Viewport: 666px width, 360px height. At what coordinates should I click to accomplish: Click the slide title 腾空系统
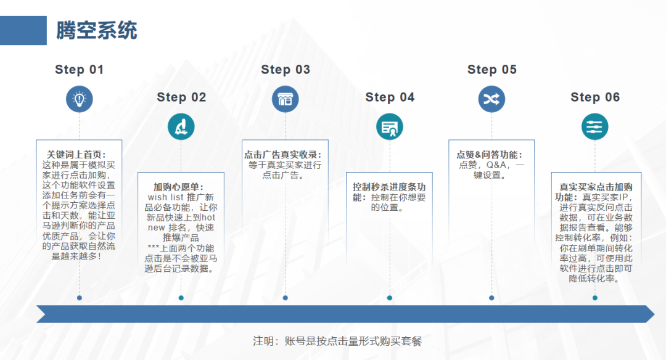[97, 30]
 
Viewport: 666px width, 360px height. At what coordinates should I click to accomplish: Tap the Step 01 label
[80, 70]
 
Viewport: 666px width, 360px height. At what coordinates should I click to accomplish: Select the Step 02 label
[181, 97]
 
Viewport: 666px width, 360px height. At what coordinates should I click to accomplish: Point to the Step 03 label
[286, 70]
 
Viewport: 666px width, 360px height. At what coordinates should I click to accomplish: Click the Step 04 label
[390, 97]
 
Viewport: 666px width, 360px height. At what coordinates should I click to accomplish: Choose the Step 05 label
[492, 70]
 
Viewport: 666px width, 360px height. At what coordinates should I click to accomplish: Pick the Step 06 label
[595, 97]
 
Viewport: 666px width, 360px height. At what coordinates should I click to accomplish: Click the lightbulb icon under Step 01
[80, 99]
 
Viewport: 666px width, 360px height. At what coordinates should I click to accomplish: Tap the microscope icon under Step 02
[181, 126]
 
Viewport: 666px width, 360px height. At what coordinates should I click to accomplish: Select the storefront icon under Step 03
[286, 99]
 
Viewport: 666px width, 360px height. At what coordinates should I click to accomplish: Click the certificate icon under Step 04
[390, 126]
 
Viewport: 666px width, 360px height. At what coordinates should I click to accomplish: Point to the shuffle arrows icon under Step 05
[492, 99]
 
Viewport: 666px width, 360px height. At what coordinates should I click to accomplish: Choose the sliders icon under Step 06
[595, 126]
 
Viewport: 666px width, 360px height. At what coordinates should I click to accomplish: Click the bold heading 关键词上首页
[76, 155]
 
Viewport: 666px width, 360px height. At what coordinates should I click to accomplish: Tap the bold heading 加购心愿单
[179, 187]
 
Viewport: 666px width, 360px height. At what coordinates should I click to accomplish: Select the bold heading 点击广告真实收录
[282, 155]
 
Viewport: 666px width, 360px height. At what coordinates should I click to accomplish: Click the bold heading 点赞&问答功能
[490, 155]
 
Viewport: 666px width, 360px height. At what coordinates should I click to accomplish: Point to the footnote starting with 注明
[337, 341]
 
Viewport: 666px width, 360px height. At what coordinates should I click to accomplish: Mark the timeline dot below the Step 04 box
[390, 298]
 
